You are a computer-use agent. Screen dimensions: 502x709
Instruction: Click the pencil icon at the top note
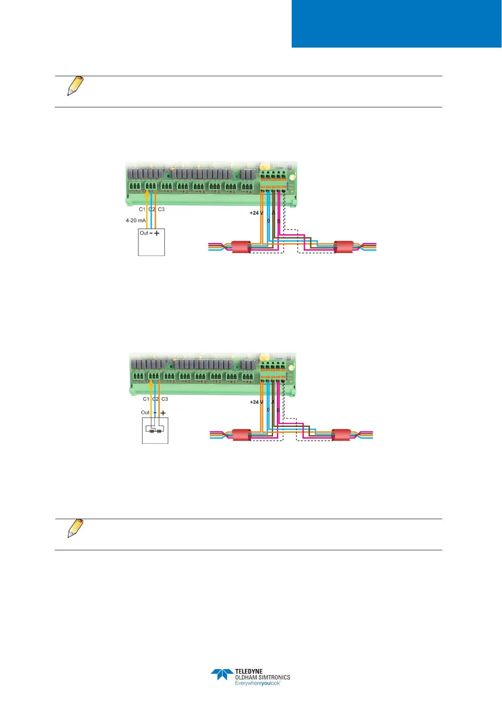point(75,86)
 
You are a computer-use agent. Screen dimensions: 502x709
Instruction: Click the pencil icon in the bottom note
point(75,529)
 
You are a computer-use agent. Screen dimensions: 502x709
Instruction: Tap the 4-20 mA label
point(135,221)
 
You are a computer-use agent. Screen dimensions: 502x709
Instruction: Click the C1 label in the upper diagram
point(142,209)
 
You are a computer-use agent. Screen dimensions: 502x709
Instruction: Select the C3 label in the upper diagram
point(161,209)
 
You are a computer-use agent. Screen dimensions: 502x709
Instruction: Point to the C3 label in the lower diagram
point(164,399)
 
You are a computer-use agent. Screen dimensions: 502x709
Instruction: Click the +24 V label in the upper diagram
point(256,213)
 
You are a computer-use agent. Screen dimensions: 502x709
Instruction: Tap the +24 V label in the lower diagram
point(256,402)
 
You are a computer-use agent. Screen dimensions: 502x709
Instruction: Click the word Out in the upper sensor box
point(144,233)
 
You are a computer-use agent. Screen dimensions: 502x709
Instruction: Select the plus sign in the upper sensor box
point(157,233)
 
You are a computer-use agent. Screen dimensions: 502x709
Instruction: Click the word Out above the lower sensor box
point(145,413)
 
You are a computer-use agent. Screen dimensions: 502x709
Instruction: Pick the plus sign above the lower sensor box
point(163,413)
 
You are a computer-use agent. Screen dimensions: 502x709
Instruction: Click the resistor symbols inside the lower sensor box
point(155,431)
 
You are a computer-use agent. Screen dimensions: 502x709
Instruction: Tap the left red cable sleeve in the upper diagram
point(242,247)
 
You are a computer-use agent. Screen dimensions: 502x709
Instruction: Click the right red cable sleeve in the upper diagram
point(344,247)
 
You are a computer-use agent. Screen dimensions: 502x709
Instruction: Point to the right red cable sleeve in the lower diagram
point(341,435)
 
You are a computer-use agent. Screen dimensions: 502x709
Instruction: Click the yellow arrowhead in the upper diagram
point(147,194)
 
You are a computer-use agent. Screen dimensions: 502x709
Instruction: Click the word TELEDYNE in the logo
point(249,671)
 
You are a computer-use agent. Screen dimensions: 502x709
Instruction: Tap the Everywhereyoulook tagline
point(258,683)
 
